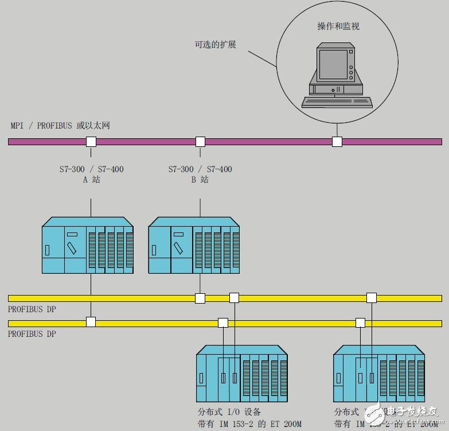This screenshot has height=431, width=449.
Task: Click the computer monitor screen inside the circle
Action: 333,64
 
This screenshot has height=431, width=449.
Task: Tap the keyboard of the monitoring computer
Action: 337,103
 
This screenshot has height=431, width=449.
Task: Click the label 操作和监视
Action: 338,26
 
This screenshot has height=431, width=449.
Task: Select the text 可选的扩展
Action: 215,44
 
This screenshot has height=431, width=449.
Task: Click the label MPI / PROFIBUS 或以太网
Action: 60,126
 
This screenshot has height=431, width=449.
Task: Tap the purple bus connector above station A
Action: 91,141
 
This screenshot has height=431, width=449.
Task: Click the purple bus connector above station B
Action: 200,141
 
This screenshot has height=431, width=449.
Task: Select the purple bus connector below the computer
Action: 337,141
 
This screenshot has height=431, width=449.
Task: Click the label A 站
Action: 91,180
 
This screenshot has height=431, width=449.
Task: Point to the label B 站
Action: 200,180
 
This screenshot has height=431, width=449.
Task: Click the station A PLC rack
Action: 87,245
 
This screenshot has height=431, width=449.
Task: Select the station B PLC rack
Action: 194,245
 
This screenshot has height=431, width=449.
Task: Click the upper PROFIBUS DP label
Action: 32,309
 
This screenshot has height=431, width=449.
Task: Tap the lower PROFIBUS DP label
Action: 32,333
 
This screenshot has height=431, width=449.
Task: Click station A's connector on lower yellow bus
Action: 91,322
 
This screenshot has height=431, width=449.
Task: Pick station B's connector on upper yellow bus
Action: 200,298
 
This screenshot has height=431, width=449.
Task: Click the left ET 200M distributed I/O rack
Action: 241,374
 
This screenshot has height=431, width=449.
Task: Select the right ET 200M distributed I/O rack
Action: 378,374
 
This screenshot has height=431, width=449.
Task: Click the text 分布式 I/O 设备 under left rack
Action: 229,412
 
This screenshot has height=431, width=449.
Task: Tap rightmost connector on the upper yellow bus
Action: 372,298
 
